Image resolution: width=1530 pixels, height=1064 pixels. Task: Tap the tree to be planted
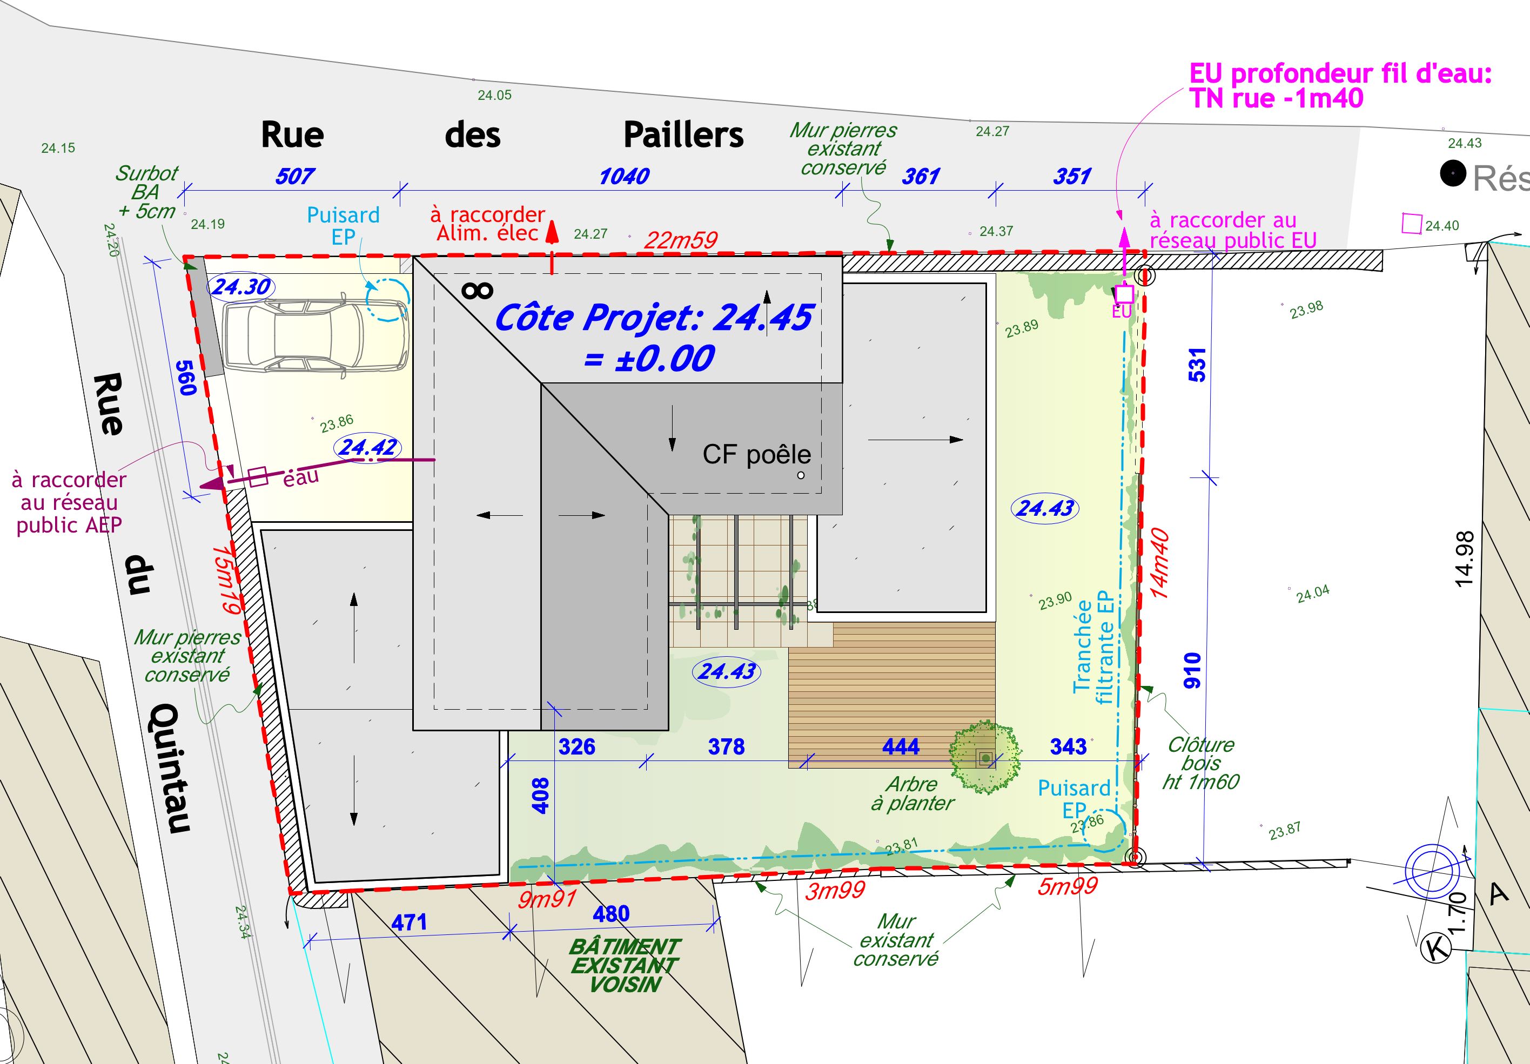pyautogui.click(x=985, y=757)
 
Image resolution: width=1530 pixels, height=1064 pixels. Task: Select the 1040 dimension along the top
pyautogui.click(x=624, y=177)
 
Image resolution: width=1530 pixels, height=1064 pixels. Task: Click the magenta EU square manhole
pyautogui.click(x=1125, y=293)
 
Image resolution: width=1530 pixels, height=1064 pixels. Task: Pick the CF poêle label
pyautogui.click(x=756, y=454)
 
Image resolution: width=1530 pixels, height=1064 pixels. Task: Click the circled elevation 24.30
pyautogui.click(x=241, y=287)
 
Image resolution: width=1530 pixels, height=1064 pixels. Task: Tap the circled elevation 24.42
pyautogui.click(x=368, y=447)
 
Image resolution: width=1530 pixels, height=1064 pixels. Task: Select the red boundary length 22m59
pyautogui.click(x=680, y=240)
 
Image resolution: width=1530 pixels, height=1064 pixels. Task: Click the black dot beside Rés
pyautogui.click(x=1453, y=174)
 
